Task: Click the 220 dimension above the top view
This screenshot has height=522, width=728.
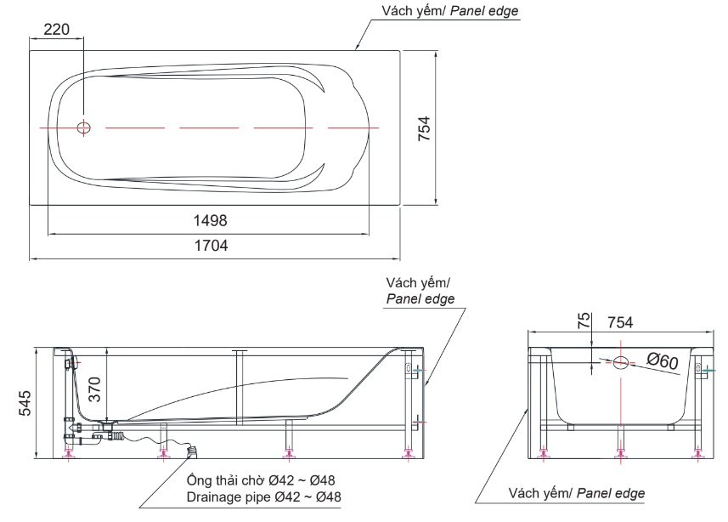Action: [56, 29]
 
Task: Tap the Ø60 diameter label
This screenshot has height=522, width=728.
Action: [663, 362]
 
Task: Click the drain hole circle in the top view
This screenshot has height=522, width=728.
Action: [83, 128]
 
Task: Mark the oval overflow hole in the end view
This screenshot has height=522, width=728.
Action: [621, 364]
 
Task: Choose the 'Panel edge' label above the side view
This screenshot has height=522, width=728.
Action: [420, 299]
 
